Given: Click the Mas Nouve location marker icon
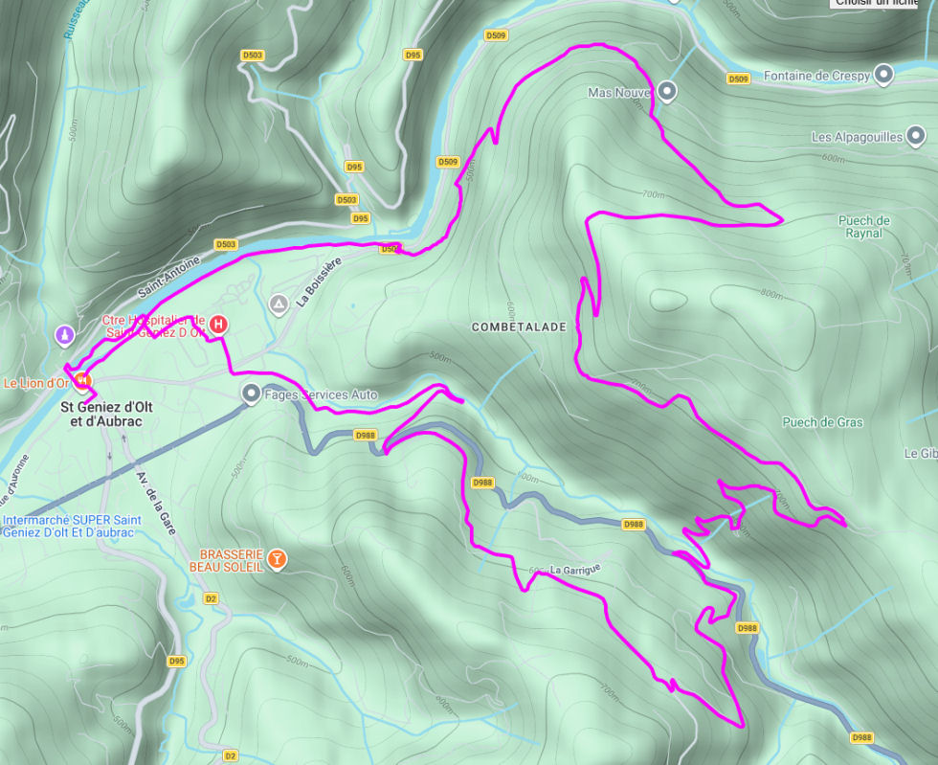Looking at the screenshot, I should point(668,93).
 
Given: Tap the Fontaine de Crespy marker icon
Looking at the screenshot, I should point(883,75).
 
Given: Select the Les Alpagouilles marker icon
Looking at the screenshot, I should point(916,137).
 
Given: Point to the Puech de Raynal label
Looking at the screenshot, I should point(863,227).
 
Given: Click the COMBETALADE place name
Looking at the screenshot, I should point(519,327).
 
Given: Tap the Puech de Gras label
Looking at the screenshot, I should point(822,422).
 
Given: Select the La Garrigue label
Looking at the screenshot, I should point(574,570).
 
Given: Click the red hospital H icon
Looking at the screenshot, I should point(218,325).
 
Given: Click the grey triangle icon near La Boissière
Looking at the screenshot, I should point(279,305).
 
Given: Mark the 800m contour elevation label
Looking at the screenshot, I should point(770,294).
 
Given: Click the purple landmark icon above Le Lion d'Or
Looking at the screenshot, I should point(64,335).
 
